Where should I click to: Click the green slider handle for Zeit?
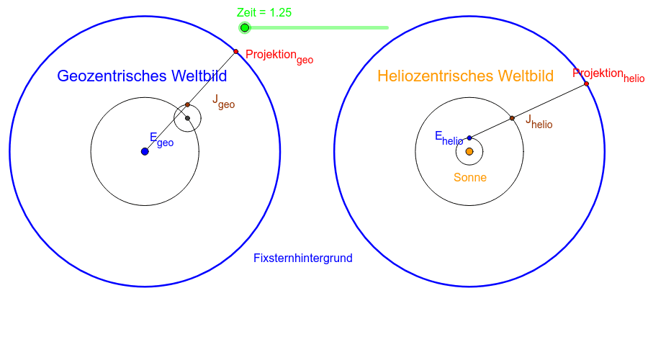pyautogui.click(x=245, y=28)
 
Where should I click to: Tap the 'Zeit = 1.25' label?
pyautogui.click(x=264, y=12)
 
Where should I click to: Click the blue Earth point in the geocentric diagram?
pyautogui.click(x=145, y=151)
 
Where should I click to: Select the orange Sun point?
pyautogui.click(x=469, y=151)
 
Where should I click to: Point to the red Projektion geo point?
pyautogui.click(x=235, y=52)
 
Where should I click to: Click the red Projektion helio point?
pyautogui.click(x=587, y=84)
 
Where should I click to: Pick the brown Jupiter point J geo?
pyautogui.click(x=187, y=104)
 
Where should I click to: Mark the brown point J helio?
pyautogui.click(x=512, y=117)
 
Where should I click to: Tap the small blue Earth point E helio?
pyautogui.click(x=469, y=138)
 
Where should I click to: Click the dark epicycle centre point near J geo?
pyautogui.click(x=187, y=118)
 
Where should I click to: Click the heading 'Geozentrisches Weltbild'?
pyautogui.click(x=142, y=76)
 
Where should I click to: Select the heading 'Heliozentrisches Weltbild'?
pyautogui.click(x=465, y=76)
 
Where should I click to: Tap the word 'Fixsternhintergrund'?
pyautogui.click(x=302, y=258)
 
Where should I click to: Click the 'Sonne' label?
pyautogui.click(x=469, y=177)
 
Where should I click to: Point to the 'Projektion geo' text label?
pyautogui.click(x=279, y=55)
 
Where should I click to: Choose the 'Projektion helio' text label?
pyautogui.click(x=609, y=75)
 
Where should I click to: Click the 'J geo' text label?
pyautogui.click(x=223, y=102)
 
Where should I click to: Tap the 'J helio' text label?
pyautogui.click(x=539, y=121)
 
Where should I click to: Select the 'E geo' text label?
pyautogui.click(x=161, y=139)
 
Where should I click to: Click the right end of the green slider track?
pyautogui.click(x=387, y=28)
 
